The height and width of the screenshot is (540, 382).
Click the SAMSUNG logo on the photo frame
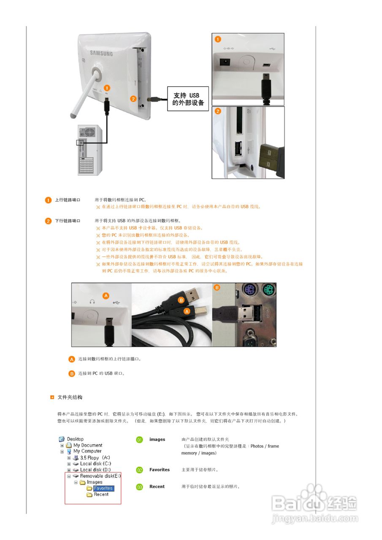tap(101, 54)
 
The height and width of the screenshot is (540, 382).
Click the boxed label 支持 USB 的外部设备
tap(188, 100)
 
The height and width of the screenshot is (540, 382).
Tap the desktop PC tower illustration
tap(89, 150)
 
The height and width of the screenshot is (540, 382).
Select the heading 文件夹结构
tap(70, 397)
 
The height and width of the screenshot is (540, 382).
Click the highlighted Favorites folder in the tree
tap(103, 488)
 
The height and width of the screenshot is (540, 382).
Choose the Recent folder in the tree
tap(101, 494)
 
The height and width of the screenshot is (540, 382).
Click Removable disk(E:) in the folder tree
tap(100, 476)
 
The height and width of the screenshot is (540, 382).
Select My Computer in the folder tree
tap(87, 451)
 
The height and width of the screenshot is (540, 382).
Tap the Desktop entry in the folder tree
tap(75, 439)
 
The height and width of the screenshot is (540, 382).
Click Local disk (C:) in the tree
tap(95, 464)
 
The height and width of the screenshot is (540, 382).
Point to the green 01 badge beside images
tap(140, 440)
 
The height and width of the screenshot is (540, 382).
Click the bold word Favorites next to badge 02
tap(160, 470)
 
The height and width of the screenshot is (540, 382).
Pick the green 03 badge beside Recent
tap(140, 487)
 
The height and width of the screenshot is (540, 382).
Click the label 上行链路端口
tap(68, 200)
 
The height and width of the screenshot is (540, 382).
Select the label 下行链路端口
tap(68, 221)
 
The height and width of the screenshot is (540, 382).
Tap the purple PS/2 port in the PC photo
tap(249, 291)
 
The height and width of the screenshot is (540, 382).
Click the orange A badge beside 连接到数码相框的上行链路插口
tap(72, 359)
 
